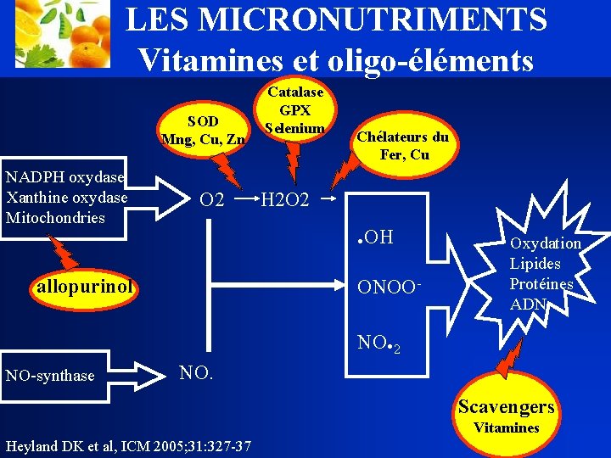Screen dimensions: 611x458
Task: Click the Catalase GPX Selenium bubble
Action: [x=294, y=109]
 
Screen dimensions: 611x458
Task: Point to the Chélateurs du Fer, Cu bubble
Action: [x=402, y=145]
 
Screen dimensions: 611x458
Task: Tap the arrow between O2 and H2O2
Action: [x=244, y=200]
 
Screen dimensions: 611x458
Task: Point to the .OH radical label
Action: [x=377, y=237]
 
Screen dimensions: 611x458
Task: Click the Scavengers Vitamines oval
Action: [x=507, y=415]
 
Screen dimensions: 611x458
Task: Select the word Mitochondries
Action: [x=55, y=217]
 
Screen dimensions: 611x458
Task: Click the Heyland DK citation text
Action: [x=127, y=445]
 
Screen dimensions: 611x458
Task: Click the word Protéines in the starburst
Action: [x=541, y=284]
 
